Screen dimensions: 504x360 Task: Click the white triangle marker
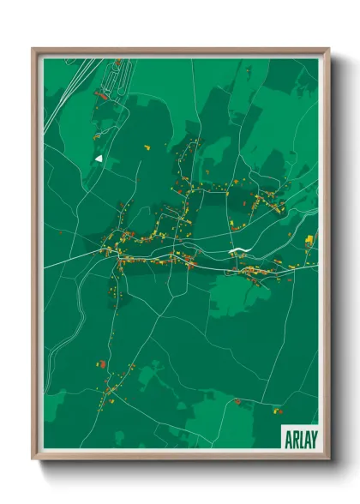pyautogui.click(x=99, y=158)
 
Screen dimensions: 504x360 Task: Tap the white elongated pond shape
pyautogui.click(x=237, y=251)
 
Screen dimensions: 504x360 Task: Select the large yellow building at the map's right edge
pyautogui.click(x=309, y=238)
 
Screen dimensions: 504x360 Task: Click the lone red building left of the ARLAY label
pyautogui.click(x=237, y=400)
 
